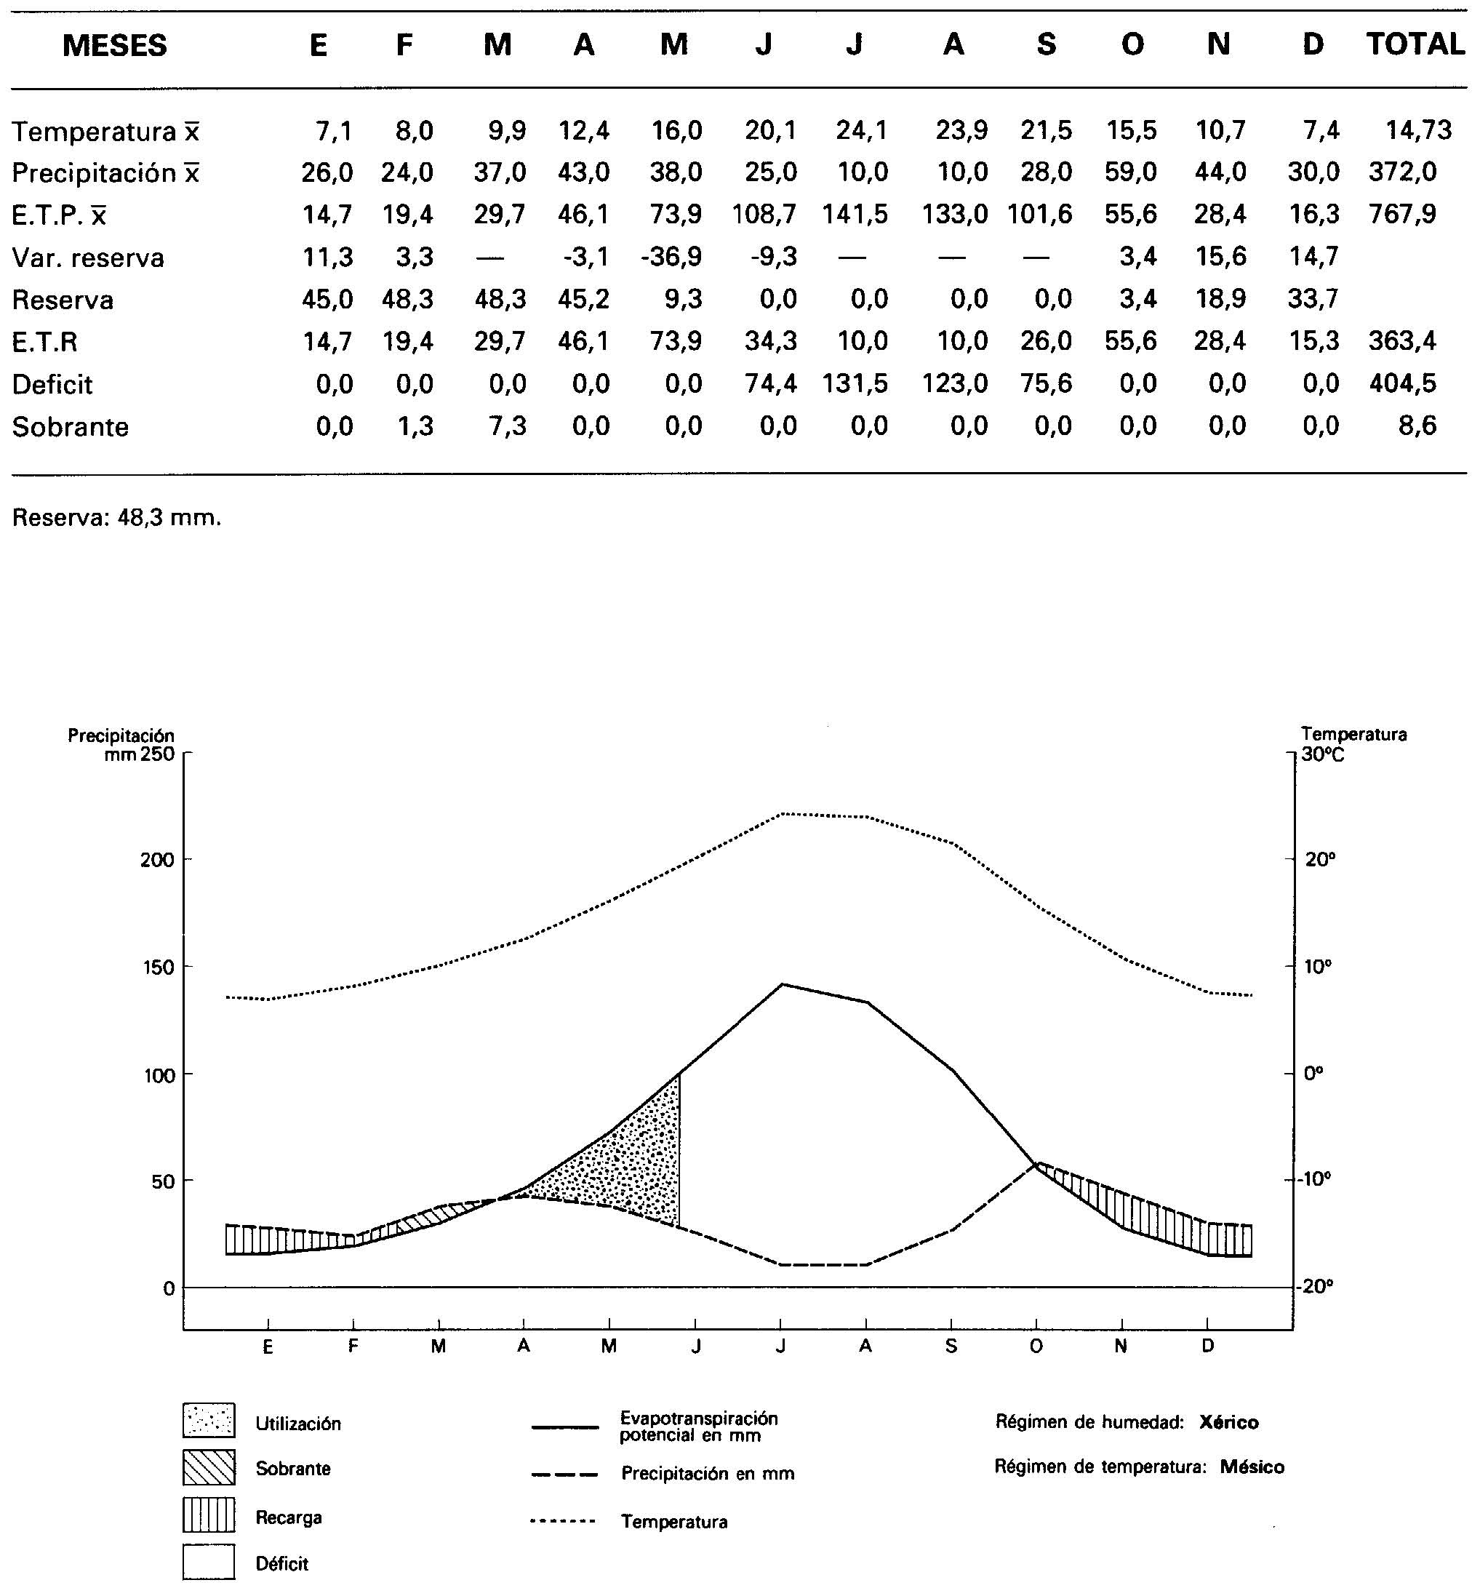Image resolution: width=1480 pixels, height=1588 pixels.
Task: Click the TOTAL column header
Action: click(1415, 44)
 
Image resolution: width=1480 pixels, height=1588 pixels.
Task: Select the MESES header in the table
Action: click(114, 46)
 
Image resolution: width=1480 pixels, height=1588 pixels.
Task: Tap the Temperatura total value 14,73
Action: click(1418, 129)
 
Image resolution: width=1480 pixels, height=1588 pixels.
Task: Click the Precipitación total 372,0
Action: click(1402, 172)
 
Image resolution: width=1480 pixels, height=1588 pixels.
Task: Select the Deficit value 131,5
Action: click(855, 383)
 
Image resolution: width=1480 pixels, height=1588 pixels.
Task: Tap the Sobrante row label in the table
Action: click(71, 427)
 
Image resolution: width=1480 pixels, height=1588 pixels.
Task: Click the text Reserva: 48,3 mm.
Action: click(116, 518)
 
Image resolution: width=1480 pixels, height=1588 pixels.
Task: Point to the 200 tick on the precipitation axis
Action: click(156, 861)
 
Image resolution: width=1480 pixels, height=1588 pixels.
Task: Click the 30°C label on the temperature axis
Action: click(1323, 754)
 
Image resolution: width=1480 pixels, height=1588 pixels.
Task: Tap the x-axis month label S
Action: click(951, 1346)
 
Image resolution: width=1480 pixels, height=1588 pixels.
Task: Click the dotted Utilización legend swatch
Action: click(209, 1420)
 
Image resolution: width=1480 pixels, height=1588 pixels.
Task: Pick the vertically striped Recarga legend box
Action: click(209, 1515)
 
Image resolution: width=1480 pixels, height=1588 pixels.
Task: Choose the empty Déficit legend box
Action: click(209, 1561)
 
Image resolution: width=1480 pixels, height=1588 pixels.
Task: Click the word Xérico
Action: click(1228, 1423)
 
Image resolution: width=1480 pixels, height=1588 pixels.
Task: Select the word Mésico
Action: click(1252, 1467)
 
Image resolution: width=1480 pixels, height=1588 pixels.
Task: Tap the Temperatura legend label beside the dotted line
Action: click(674, 1522)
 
